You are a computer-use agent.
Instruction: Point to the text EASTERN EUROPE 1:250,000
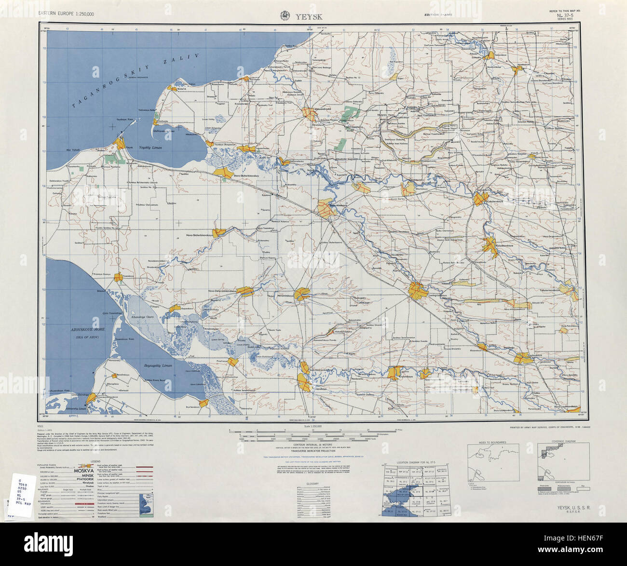pos(66,14)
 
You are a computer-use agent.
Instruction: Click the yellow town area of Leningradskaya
pos(417,290)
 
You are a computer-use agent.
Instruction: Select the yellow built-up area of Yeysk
pos(121,144)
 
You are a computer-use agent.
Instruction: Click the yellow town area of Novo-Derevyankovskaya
pos(245,292)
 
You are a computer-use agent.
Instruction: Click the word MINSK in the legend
pos(86,475)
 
